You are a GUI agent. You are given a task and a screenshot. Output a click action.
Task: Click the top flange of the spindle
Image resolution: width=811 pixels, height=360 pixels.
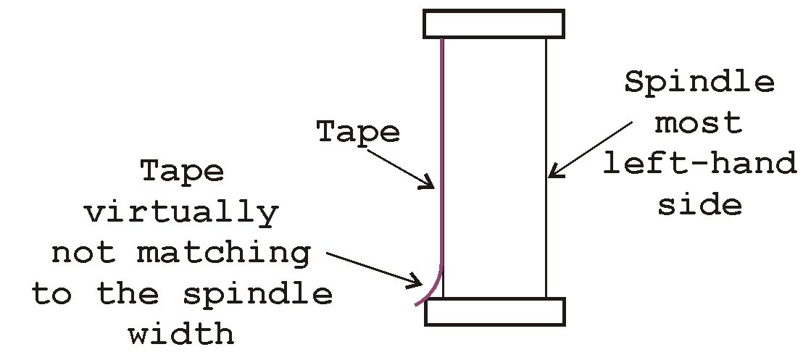[x=494, y=24]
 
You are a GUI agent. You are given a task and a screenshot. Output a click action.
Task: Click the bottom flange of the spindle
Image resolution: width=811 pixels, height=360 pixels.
[x=494, y=312]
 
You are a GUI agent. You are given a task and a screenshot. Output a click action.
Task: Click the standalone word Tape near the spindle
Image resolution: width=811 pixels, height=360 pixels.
[x=358, y=132]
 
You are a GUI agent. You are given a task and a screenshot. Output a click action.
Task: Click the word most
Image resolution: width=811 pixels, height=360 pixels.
[x=699, y=122]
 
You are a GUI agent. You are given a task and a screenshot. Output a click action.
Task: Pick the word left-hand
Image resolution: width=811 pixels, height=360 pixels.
[x=699, y=164]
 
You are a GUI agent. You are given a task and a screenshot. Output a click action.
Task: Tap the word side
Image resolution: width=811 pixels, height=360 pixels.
[x=699, y=205]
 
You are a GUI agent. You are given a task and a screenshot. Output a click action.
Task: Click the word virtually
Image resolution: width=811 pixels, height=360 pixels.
[x=182, y=214]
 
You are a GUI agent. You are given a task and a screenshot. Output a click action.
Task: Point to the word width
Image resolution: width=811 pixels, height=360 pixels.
[x=182, y=334]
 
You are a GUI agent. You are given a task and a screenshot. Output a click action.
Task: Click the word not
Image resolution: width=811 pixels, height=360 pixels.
[x=83, y=254]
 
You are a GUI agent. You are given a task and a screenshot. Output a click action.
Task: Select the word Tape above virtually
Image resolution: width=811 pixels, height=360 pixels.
[x=182, y=172]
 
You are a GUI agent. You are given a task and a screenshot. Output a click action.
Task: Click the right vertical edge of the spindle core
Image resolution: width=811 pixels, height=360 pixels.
[x=546, y=167]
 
